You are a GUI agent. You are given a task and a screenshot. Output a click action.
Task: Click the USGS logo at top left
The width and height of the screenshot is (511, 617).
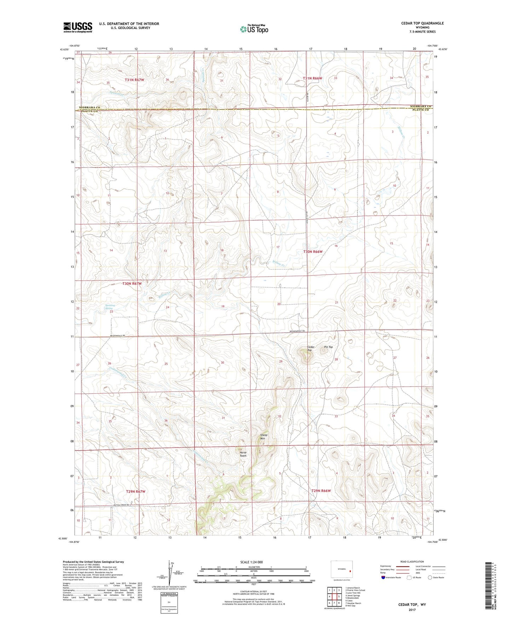coord(77,27)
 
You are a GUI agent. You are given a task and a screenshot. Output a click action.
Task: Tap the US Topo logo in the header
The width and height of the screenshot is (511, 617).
coord(254,29)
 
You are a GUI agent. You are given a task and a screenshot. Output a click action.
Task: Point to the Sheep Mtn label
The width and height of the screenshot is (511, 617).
coord(264,437)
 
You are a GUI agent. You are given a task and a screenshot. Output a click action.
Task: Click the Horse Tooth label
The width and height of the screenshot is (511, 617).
coord(243,454)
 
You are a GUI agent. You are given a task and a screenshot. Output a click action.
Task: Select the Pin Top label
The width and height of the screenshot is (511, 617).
coord(328,347)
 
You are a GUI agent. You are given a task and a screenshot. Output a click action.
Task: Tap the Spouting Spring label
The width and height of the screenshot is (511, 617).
coord(110,307)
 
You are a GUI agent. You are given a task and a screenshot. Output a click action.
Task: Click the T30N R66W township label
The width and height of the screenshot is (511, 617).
coord(313,252)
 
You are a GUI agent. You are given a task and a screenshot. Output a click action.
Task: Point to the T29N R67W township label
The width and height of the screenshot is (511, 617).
coord(136,492)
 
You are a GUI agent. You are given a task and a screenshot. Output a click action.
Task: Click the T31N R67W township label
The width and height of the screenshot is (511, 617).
coord(134,80)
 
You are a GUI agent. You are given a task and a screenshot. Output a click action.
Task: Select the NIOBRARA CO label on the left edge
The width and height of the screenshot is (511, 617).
coord(91,107)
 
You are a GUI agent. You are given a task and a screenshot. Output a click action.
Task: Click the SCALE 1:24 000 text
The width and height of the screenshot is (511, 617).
coord(251,562)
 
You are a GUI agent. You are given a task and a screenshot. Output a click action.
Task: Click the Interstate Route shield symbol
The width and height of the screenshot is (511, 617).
coord(383,577)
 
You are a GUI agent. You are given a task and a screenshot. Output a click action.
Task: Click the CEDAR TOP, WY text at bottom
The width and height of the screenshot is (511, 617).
coord(412,605)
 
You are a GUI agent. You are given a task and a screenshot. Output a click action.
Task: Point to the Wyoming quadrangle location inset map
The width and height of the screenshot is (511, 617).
coord(341,570)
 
